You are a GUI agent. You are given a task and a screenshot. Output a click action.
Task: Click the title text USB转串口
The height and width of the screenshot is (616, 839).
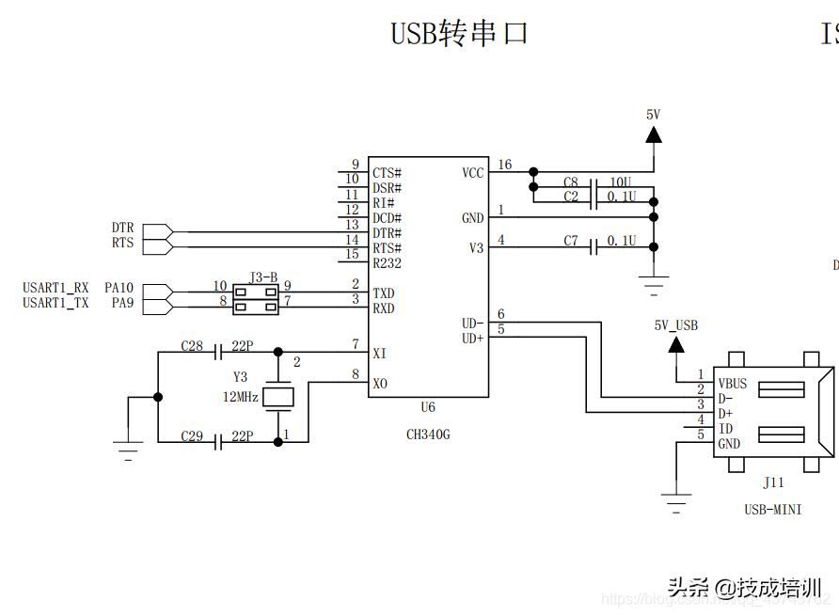(x=459, y=34)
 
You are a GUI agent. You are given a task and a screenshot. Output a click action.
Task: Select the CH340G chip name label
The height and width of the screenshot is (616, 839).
(x=428, y=434)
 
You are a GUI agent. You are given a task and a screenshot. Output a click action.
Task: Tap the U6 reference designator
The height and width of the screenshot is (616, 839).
(x=428, y=408)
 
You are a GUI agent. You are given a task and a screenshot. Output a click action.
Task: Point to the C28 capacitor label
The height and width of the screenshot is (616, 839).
(x=192, y=346)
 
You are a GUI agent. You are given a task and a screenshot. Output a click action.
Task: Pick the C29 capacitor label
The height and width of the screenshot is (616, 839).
(x=192, y=436)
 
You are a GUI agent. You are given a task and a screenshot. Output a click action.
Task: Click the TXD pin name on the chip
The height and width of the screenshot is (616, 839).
(x=384, y=293)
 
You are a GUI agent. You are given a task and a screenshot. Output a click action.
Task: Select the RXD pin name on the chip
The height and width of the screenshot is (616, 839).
(x=384, y=308)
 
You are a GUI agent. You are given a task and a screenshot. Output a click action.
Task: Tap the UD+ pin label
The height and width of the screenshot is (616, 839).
(x=472, y=338)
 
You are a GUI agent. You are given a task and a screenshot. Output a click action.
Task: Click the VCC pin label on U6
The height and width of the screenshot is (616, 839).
(x=473, y=173)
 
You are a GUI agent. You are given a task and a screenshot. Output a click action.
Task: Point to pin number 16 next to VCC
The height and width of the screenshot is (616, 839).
(x=505, y=166)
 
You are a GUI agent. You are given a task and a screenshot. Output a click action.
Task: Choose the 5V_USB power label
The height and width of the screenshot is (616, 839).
(x=676, y=325)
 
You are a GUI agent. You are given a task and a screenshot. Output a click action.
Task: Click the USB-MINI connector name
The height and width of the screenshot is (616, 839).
(x=773, y=510)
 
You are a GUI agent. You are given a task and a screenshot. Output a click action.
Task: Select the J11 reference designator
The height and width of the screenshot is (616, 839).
(x=773, y=483)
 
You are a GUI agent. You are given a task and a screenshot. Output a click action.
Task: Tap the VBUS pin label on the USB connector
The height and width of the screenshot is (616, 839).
(x=733, y=384)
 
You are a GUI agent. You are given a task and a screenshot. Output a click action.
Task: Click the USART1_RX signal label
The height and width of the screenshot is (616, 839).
(x=55, y=287)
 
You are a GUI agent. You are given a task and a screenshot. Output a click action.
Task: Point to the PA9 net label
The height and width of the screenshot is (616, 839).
(x=122, y=303)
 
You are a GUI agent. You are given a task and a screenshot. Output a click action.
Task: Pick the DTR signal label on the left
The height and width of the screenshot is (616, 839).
(x=122, y=229)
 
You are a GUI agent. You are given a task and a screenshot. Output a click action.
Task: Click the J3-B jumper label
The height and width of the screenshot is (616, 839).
(x=263, y=277)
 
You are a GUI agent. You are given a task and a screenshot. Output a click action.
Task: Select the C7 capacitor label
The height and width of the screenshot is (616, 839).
(x=571, y=241)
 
